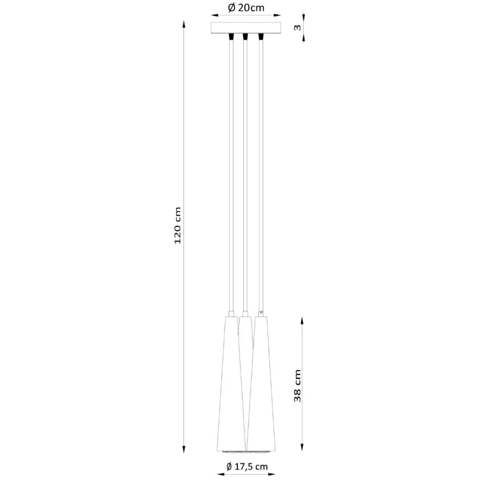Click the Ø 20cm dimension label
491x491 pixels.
click(246, 8)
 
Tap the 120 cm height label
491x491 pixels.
click(178, 225)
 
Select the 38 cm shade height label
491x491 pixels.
click(298, 386)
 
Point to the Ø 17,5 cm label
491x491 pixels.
click(247, 467)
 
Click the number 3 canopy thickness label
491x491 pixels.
click(297, 27)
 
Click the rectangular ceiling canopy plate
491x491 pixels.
click(246, 27)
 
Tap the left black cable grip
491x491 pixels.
click(231, 36)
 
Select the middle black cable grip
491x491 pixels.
click(245, 36)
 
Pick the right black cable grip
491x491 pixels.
click(261, 36)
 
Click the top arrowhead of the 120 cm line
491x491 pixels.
click(184, 24)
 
